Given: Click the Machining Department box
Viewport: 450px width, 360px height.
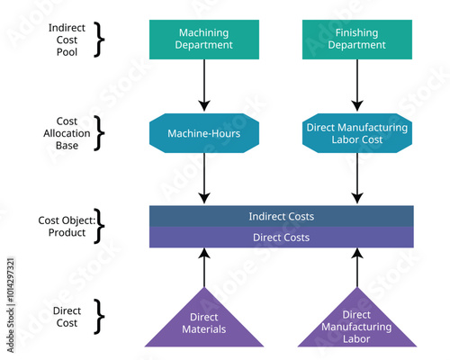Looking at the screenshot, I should [204, 39].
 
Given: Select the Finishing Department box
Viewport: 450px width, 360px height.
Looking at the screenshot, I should [357, 39].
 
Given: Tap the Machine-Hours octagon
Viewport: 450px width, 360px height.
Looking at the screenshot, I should [204, 133].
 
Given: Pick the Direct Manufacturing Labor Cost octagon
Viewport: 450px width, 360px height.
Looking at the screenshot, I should [357, 133].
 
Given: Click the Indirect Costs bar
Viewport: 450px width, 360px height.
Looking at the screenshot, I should [281, 216].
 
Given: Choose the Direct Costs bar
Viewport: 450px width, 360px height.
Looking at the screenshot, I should [281, 237].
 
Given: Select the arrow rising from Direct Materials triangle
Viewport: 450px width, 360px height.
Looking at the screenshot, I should [204, 267].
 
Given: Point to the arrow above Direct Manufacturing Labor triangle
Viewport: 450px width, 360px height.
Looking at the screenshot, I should [357, 267].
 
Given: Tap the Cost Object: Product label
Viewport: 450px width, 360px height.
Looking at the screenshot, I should [62, 227].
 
